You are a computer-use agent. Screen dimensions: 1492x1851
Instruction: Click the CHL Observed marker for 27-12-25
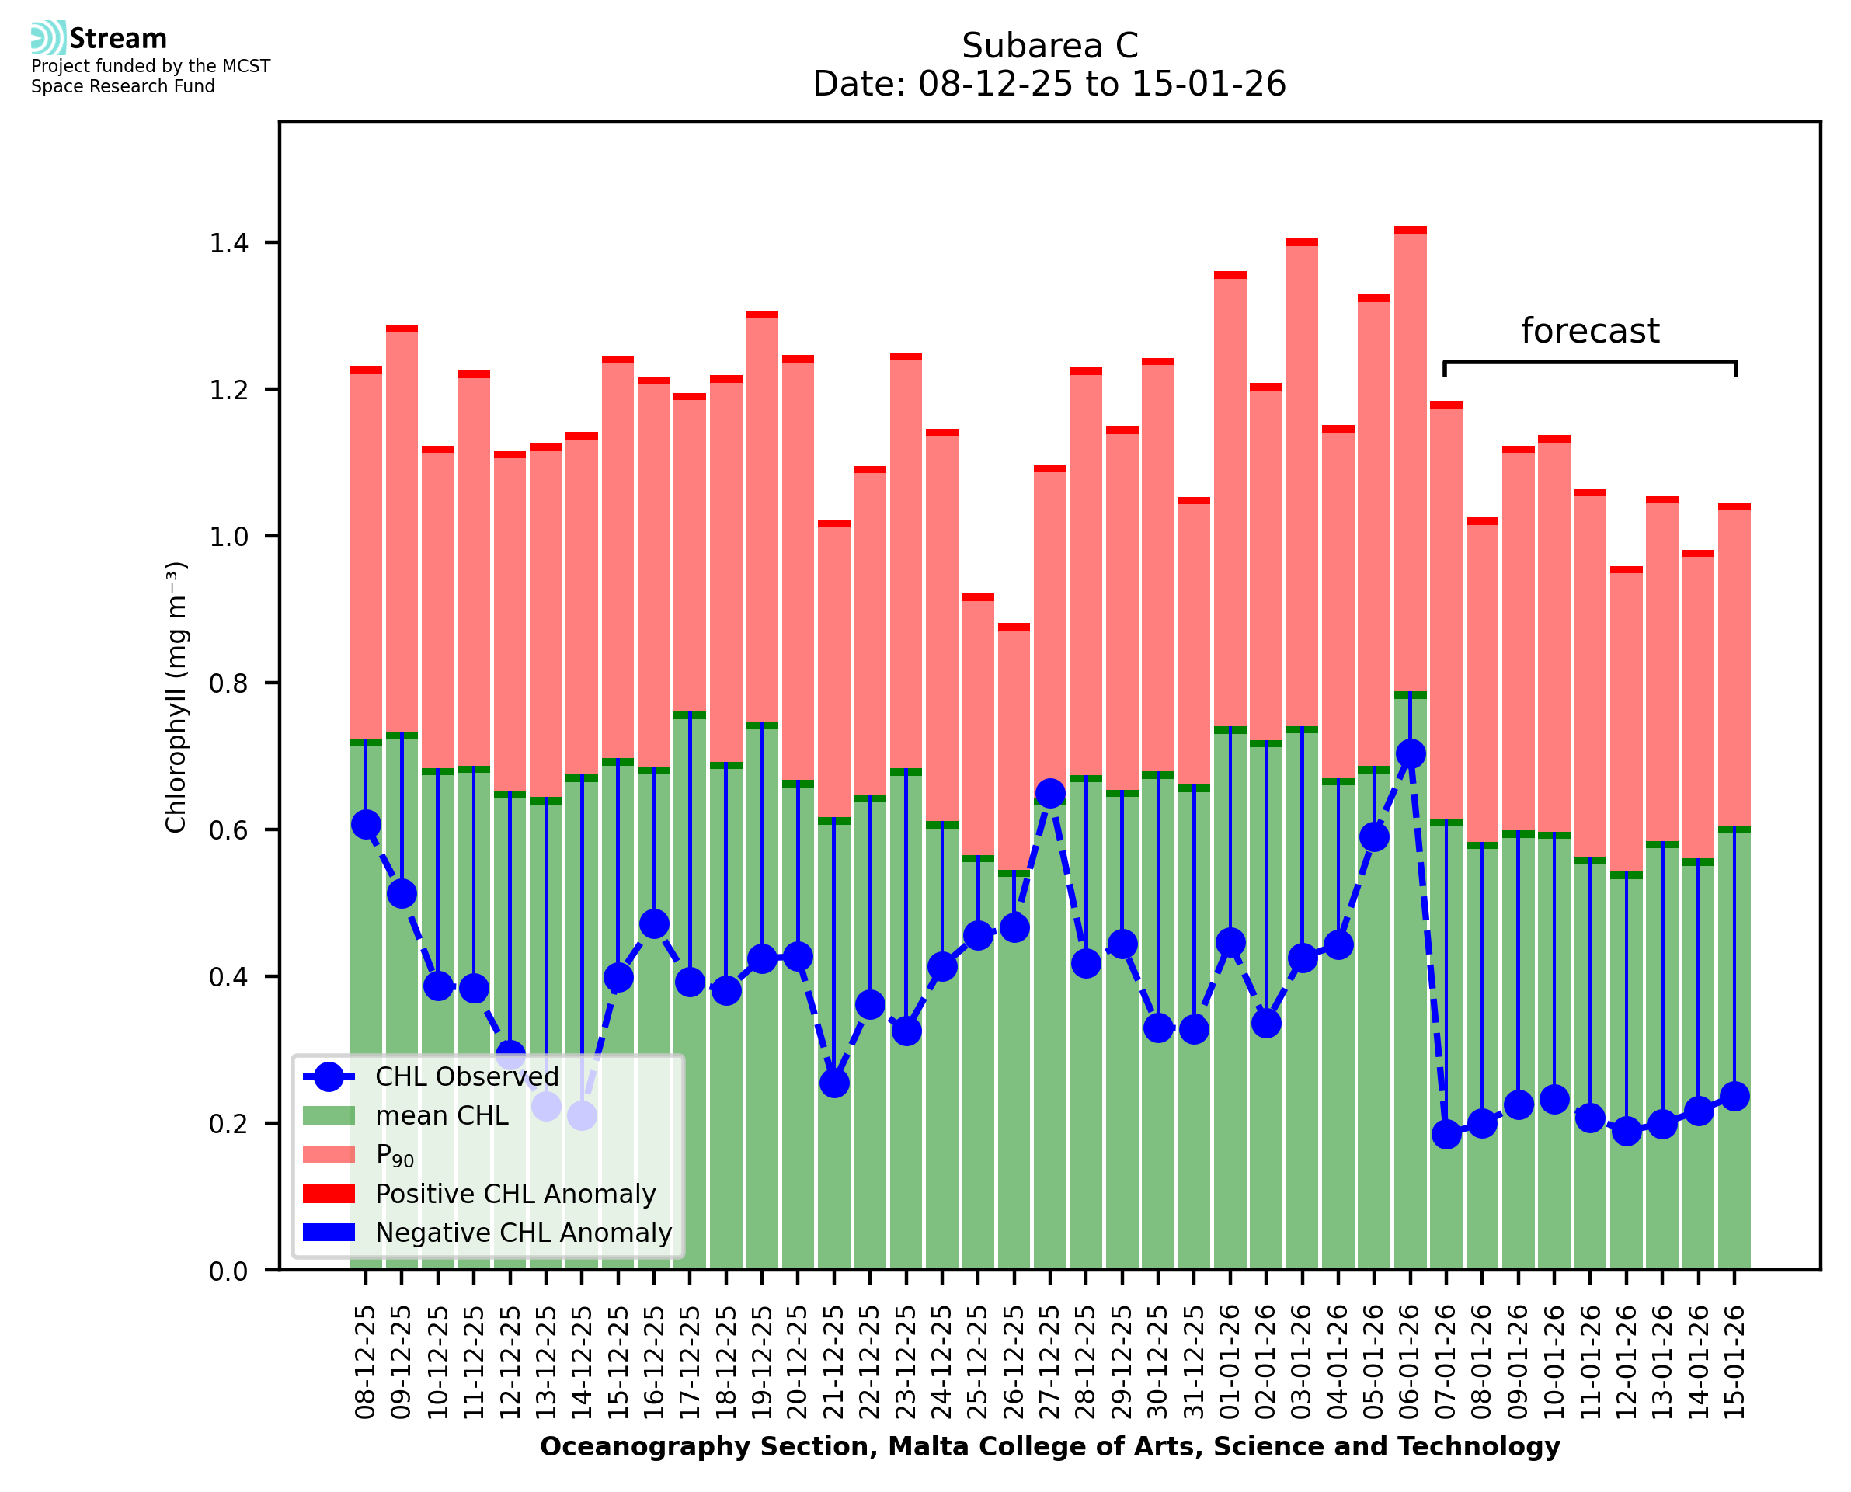coord(1049,793)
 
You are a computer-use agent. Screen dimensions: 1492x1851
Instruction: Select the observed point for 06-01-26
coord(1410,753)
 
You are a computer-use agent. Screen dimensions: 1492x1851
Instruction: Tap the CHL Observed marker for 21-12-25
coord(833,1083)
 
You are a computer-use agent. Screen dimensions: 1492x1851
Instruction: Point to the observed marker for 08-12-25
coord(366,824)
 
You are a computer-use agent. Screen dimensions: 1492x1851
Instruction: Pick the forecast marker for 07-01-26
coord(1446,1135)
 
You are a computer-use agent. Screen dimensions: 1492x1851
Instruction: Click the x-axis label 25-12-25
coord(978,1362)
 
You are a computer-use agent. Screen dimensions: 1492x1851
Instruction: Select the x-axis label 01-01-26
coord(1230,1362)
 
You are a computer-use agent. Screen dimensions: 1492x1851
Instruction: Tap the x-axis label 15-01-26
coord(1735,1362)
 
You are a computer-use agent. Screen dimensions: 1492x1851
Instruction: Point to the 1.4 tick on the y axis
coord(228,243)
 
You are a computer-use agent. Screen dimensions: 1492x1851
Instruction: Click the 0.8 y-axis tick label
coord(228,684)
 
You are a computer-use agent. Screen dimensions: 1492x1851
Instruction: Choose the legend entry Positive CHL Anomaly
coord(516,1194)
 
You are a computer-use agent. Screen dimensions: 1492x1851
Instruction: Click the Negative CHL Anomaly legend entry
coord(524,1233)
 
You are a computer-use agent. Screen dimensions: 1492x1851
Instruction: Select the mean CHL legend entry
coord(442,1115)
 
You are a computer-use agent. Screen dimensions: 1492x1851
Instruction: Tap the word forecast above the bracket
coord(1590,331)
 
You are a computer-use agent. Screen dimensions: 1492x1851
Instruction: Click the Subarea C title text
coord(1049,46)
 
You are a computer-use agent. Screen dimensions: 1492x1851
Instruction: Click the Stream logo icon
coord(48,38)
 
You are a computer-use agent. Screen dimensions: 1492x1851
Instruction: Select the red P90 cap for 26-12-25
coord(1014,628)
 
